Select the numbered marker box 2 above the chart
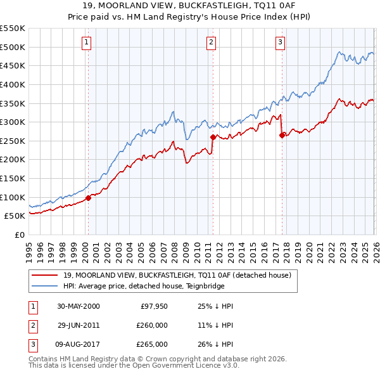coord(211,42)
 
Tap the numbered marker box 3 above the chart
coord(280,42)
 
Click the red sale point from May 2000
coord(88,198)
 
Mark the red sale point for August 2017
coord(281,134)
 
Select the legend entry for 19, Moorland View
coord(177,275)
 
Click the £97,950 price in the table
coord(152,306)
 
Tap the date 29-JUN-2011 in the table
coord(79,325)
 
